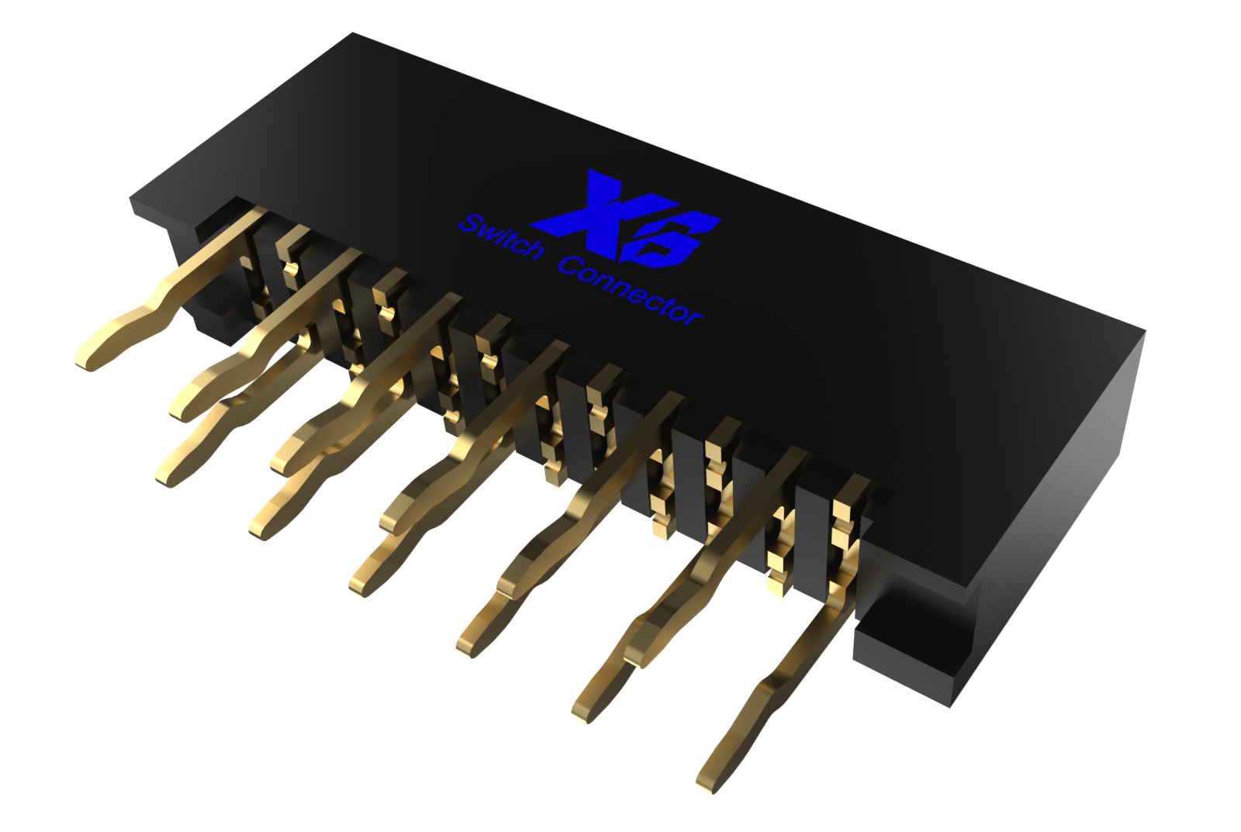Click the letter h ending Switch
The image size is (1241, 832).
pos(533,248)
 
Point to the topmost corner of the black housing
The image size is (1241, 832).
pos(354,34)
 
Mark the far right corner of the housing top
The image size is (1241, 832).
pos(1143,332)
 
